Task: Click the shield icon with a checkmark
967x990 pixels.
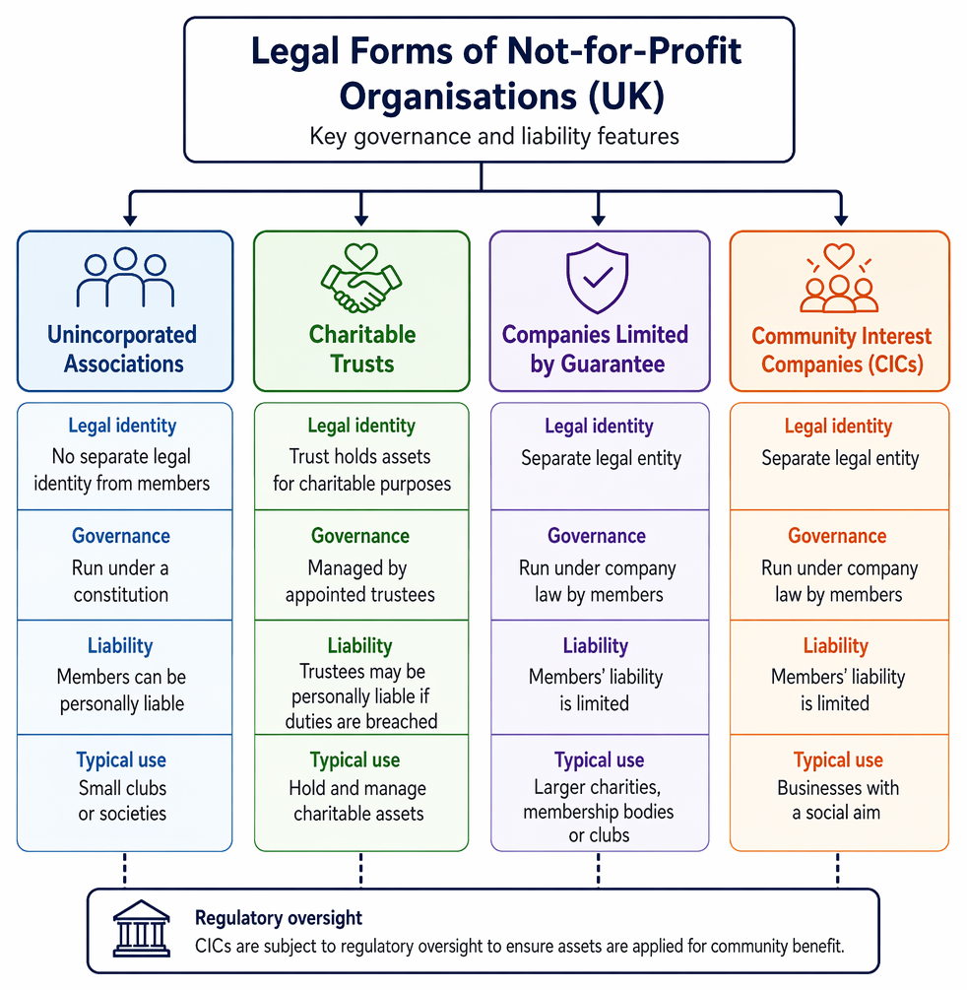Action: click(x=597, y=278)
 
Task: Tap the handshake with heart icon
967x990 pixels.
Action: click(x=361, y=279)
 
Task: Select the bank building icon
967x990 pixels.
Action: click(x=142, y=928)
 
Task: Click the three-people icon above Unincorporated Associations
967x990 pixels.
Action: click(x=125, y=277)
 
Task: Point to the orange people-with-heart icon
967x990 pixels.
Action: click(x=839, y=278)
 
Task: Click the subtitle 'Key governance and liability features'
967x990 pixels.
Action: click(x=494, y=136)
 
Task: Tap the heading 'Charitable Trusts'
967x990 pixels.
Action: click(x=362, y=349)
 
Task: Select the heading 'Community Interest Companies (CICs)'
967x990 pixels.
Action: click(x=841, y=350)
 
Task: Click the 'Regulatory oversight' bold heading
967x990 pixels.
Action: click(x=279, y=918)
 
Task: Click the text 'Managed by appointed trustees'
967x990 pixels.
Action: click(x=359, y=581)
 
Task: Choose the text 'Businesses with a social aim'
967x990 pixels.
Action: click(x=838, y=800)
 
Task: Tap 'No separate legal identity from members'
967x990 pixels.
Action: click(x=122, y=470)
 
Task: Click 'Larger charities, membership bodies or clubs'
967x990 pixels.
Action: click(x=599, y=812)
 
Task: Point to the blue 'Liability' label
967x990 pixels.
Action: click(x=120, y=646)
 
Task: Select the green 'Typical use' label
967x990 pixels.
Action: click(x=355, y=760)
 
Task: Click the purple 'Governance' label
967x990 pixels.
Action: click(x=597, y=536)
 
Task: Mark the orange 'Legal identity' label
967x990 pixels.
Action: click(x=838, y=427)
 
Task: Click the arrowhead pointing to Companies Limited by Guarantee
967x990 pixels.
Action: click(x=599, y=219)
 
